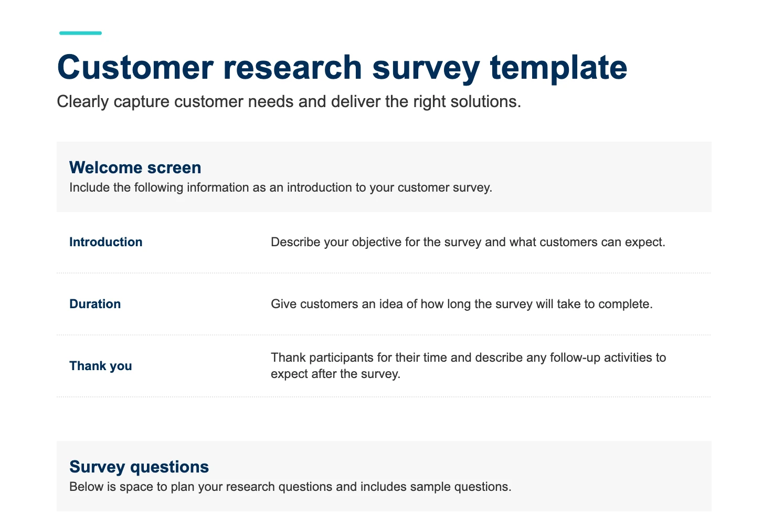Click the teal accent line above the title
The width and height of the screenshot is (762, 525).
[80, 33]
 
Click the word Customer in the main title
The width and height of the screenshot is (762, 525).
[135, 68]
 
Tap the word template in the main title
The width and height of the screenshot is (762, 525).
[558, 68]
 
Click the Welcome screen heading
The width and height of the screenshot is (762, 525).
[135, 167]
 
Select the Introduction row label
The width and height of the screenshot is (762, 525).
[106, 242]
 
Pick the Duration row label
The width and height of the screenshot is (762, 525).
[95, 304]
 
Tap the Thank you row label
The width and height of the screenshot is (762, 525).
[101, 366]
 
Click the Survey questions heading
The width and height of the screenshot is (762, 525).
[139, 467]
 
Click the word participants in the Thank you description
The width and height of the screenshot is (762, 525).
[341, 358]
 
